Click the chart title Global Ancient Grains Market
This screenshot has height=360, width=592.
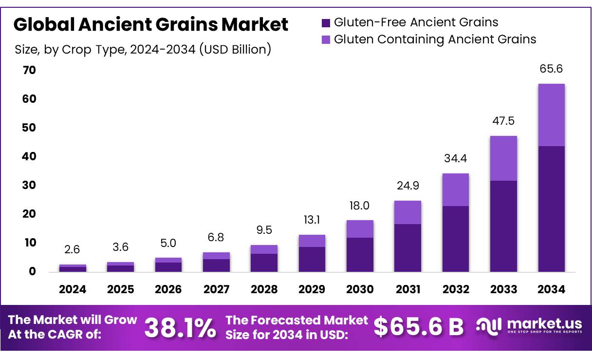click(151, 24)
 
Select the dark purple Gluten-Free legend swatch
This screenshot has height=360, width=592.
click(326, 22)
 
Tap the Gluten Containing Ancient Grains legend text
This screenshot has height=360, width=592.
click(435, 39)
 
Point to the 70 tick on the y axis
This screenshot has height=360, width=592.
click(29, 70)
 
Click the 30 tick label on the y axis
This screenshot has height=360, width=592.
click(29, 185)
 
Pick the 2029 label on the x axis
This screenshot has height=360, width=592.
click(312, 289)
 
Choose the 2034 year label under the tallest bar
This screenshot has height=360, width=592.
click(552, 289)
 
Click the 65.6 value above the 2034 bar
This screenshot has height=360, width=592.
click(551, 69)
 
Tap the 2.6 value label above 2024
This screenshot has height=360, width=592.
click(72, 249)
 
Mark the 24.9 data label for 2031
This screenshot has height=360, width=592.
click(407, 186)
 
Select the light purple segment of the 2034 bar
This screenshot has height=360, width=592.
click(551, 115)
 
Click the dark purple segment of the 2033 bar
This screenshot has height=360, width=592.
click(503, 226)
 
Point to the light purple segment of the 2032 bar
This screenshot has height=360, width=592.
click(455, 189)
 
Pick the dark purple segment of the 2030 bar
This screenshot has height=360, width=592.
click(360, 254)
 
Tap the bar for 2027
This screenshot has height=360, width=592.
click(216, 262)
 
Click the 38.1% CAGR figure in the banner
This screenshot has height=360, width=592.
click(180, 328)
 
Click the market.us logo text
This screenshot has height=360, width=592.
click(544, 323)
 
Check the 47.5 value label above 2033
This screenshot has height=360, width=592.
click(503, 121)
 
